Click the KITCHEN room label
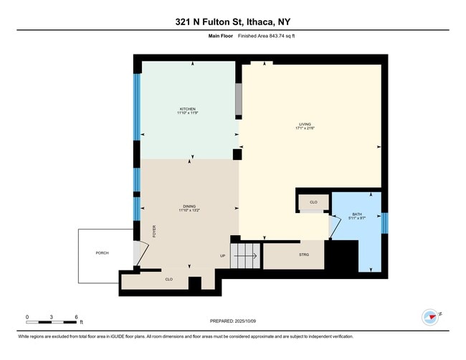pos(187,108)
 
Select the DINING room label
pos(189,206)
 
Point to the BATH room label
pos(356,214)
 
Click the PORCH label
pos(102,253)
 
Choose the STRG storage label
pos(304,254)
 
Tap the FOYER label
pos(153,231)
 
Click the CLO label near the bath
pos(313,203)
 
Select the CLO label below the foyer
pos(168,279)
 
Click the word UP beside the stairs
pos(222,255)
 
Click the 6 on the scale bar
pos(76,316)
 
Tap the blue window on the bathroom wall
pos(384,223)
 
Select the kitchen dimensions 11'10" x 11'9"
pos(187,113)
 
